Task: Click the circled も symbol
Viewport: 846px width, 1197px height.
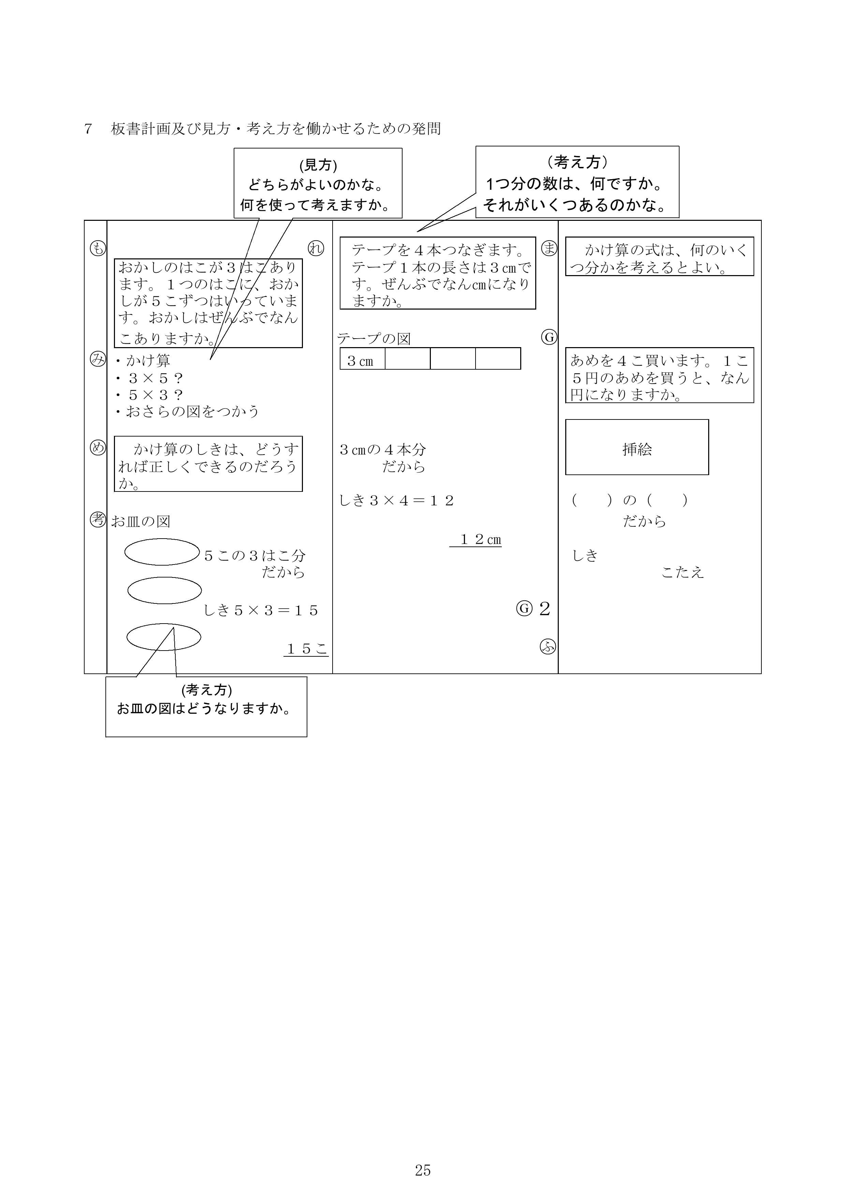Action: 98,249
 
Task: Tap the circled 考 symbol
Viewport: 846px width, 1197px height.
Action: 98,519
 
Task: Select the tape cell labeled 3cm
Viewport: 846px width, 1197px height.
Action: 362,359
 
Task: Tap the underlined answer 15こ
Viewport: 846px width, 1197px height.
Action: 306,649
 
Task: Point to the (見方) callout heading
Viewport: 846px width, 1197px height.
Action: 318,165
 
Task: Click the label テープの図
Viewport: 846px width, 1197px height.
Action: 374,339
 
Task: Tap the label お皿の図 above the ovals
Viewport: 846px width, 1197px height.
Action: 141,521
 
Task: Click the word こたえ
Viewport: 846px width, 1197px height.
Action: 682,572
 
